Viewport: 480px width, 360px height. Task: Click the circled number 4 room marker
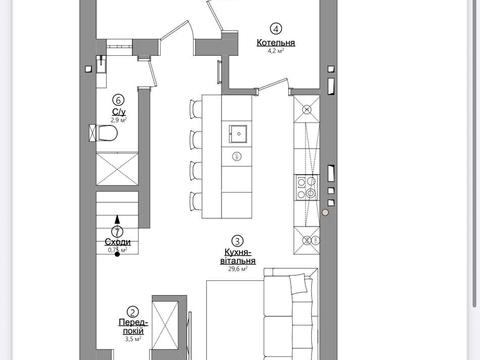(x=276, y=29)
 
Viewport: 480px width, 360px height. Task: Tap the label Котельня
(x=276, y=43)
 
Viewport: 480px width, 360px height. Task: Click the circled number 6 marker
(x=118, y=100)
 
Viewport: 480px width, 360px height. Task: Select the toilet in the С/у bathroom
(x=103, y=133)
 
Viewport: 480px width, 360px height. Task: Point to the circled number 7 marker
(x=117, y=231)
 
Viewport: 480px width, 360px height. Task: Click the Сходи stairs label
(x=118, y=242)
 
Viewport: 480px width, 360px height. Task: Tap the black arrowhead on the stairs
(x=117, y=219)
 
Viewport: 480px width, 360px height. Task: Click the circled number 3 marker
(x=237, y=241)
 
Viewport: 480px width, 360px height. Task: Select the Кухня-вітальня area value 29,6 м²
(x=238, y=269)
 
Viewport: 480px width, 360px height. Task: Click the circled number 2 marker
(x=133, y=312)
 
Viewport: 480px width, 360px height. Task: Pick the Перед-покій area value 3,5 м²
(x=133, y=340)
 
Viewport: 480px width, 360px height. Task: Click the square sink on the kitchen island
(x=238, y=134)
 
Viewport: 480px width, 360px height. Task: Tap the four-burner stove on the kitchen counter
(x=308, y=187)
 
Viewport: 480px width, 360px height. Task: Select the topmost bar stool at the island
(x=196, y=108)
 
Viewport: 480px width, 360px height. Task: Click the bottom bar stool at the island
(x=196, y=201)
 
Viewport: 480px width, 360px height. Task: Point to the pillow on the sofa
(x=298, y=283)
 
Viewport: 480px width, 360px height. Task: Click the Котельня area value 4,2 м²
(x=276, y=51)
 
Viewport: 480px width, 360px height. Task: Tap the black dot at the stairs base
(x=117, y=254)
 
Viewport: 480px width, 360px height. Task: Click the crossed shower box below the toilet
(x=117, y=168)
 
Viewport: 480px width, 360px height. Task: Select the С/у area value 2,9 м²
(x=118, y=119)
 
